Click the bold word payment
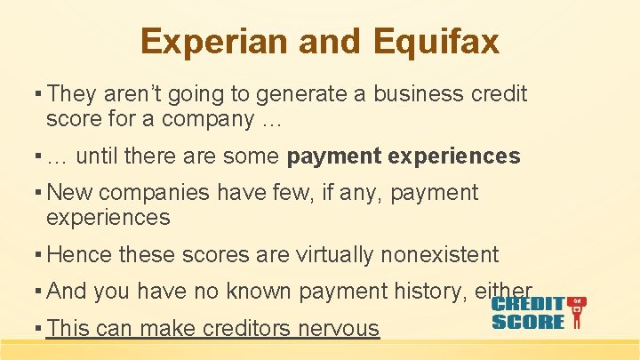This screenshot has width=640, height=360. coord(337,157)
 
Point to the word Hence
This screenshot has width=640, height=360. coord(79,255)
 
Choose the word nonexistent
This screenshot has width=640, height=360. coord(439,255)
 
